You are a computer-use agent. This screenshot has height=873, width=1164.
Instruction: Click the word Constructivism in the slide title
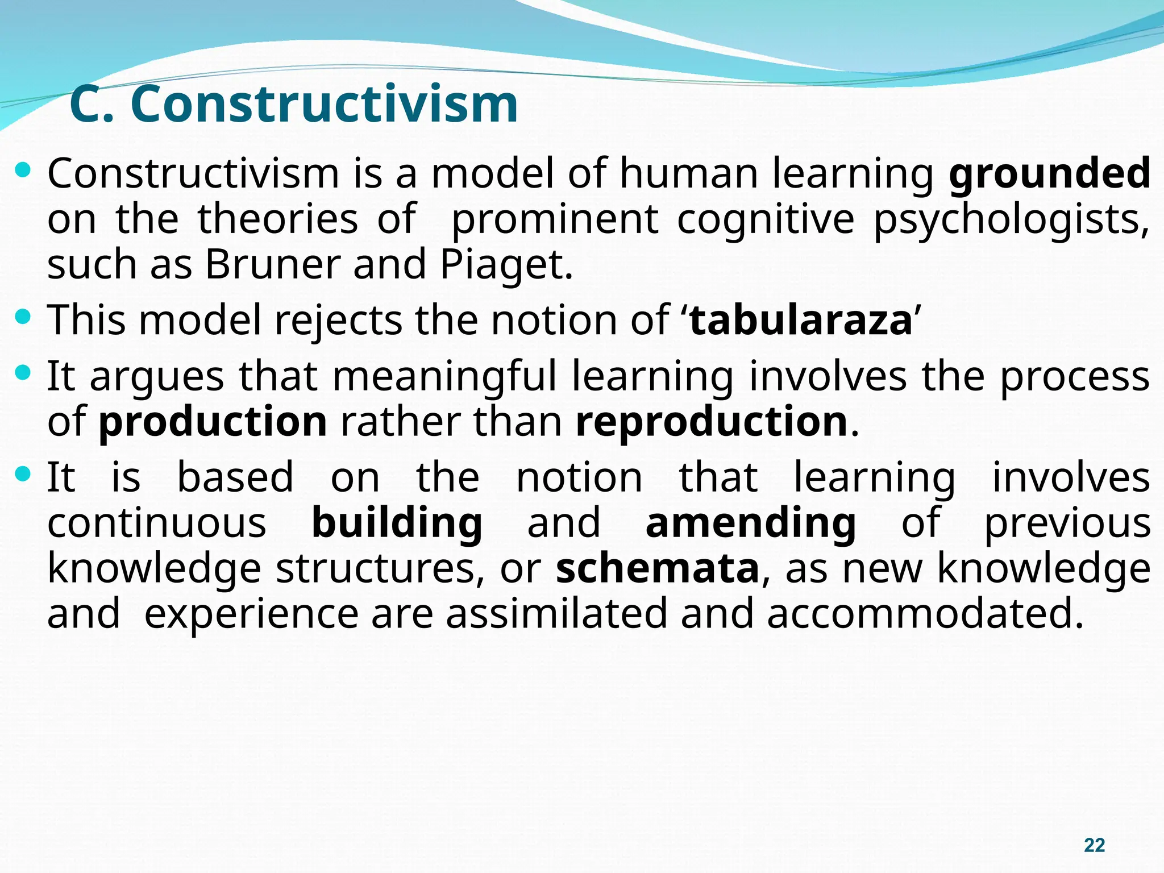324,104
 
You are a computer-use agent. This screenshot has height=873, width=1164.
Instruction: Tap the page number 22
1094,845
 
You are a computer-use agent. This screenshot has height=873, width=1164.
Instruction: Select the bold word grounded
1050,173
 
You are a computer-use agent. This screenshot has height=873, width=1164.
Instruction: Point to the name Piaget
505,265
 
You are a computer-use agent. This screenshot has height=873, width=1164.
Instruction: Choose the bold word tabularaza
801,320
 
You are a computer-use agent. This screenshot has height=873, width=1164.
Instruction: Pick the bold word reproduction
712,422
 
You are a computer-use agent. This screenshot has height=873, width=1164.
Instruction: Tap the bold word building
397,523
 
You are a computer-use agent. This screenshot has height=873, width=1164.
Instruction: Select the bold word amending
751,523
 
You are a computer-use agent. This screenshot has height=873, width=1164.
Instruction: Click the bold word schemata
658,568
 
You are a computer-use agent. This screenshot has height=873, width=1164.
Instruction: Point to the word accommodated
925,613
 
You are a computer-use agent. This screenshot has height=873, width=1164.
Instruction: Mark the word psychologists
1011,220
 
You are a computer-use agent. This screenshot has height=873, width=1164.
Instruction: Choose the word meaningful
444,377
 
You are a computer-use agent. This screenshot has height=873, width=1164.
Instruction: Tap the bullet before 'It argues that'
23,373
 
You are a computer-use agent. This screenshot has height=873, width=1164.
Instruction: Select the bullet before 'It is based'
23,473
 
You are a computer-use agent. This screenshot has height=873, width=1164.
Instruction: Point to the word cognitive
766,219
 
